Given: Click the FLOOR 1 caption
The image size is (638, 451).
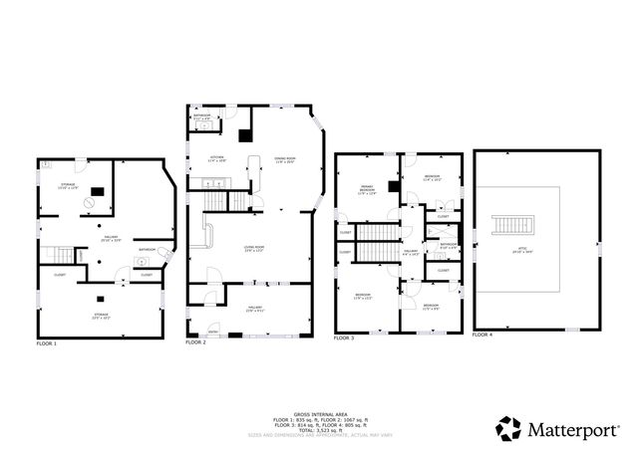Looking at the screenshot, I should point(47,343).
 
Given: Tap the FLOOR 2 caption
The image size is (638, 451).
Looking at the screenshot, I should point(195,343).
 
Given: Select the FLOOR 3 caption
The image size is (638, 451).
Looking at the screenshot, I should point(344,338).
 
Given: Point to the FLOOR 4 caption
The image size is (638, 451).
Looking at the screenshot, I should point(482,336).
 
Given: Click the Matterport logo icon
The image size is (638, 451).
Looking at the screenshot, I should point(508,429).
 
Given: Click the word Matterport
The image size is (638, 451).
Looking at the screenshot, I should point(576,430).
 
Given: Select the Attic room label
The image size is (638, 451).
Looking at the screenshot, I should point(537,251).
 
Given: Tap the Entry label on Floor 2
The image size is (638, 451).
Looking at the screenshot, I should point(212,333).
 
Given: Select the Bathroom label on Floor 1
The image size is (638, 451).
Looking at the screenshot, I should point(147,249).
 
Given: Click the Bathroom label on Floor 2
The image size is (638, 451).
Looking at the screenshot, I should point(202,115).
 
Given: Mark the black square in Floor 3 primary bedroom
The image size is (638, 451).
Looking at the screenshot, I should point(394,186).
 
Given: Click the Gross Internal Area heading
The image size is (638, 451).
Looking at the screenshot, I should point(318,412).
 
